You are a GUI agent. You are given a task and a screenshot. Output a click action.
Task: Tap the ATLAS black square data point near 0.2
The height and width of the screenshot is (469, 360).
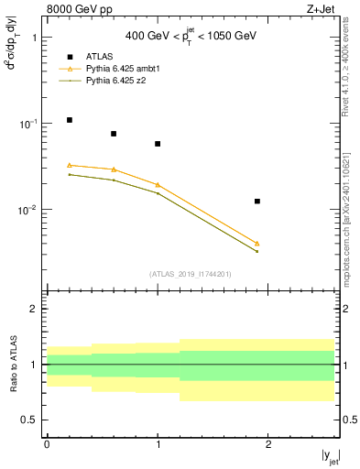(69, 120)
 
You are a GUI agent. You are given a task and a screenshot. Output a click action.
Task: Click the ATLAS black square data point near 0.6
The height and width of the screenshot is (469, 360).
(114, 134)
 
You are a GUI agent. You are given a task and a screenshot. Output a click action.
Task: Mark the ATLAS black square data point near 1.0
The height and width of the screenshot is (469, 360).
(158, 144)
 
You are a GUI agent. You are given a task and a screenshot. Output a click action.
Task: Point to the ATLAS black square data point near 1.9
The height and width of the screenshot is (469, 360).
(257, 201)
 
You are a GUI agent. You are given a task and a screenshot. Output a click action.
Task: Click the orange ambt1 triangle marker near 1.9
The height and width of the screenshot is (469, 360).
(257, 244)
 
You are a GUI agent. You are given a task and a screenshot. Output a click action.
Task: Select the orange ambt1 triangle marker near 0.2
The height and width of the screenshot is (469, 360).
(69, 165)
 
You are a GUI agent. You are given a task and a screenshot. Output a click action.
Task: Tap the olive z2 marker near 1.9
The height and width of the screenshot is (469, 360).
(257, 251)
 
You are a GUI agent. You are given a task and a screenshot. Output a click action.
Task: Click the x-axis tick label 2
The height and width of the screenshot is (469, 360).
(268, 443)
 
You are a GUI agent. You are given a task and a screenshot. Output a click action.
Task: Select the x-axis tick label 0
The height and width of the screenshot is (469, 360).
(47, 443)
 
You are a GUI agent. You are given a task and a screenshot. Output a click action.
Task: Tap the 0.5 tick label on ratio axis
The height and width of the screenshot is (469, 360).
(32, 420)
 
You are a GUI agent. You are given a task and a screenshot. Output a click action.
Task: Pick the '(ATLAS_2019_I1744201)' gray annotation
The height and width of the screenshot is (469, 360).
(190, 273)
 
